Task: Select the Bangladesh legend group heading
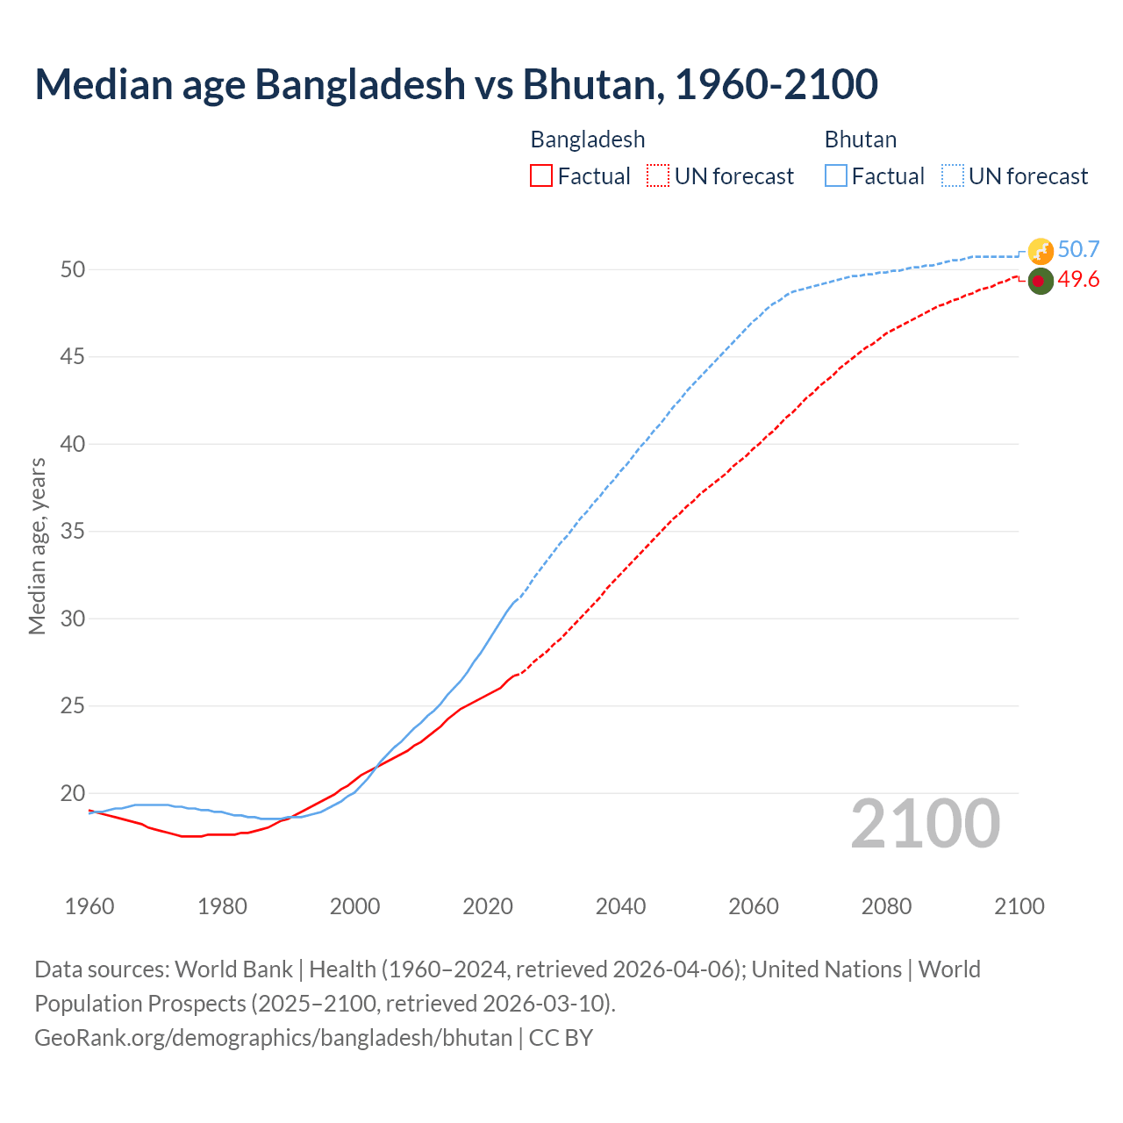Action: pyautogui.click(x=588, y=139)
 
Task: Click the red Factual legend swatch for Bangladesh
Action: pyautogui.click(x=541, y=176)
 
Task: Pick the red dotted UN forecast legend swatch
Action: pyautogui.click(x=658, y=176)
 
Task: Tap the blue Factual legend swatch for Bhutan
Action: pyautogui.click(x=836, y=176)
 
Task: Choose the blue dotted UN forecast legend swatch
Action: pyautogui.click(x=953, y=176)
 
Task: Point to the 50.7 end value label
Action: pyautogui.click(x=1078, y=250)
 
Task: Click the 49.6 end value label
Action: pyautogui.click(x=1078, y=280)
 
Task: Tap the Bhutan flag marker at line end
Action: pyautogui.click(x=1041, y=251)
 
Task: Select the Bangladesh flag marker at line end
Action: pyautogui.click(x=1040, y=281)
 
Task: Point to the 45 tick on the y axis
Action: pyautogui.click(x=73, y=357)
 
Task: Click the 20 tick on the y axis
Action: pyautogui.click(x=73, y=794)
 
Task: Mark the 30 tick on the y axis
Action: pyautogui.click(x=73, y=619)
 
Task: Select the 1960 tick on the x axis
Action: pyautogui.click(x=89, y=906)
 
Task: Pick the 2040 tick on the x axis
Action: pyautogui.click(x=620, y=906)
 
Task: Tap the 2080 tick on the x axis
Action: pyautogui.click(x=886, y=906)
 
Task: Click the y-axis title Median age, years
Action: pyautogui.click(x=37, y=546)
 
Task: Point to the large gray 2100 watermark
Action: pyautogui.click(x=925, y=824)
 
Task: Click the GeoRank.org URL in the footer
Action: pyautogui.click(x=273, y=1038)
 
